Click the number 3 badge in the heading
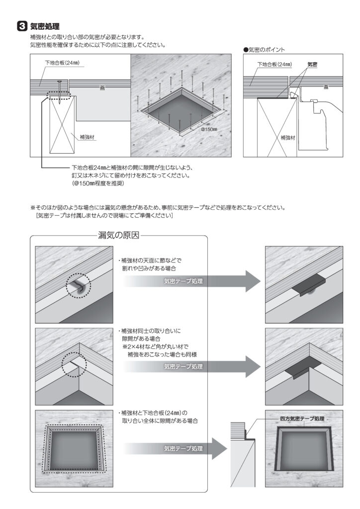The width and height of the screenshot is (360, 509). [22, 26]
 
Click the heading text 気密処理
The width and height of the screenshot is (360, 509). [45, 26]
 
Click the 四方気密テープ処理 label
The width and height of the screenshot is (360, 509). [302, 419]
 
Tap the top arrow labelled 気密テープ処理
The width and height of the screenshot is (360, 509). [192, 282]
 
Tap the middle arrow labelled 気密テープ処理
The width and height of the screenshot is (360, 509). [192, 366]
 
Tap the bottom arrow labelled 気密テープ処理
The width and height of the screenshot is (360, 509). [192, 448]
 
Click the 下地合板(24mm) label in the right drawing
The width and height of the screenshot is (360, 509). [274, 65]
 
